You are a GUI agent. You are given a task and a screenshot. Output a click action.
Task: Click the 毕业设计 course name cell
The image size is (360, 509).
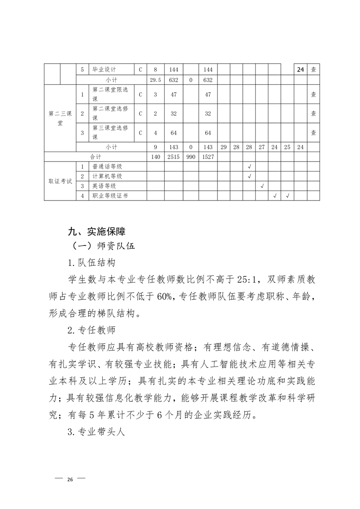pos(104,70)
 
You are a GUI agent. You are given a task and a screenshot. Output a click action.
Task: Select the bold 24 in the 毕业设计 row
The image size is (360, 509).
pos(300,70)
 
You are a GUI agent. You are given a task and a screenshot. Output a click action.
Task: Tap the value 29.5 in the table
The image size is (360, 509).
pos(155,80)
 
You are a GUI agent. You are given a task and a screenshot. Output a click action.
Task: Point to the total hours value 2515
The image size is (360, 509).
pos(173,157)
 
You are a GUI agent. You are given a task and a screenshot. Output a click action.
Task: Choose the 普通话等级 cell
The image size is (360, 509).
pos(107,166)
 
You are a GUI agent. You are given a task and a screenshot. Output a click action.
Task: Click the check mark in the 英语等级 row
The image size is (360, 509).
pos(262,186)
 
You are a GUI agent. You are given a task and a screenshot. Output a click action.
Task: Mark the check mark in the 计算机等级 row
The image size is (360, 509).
pos(249,176)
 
